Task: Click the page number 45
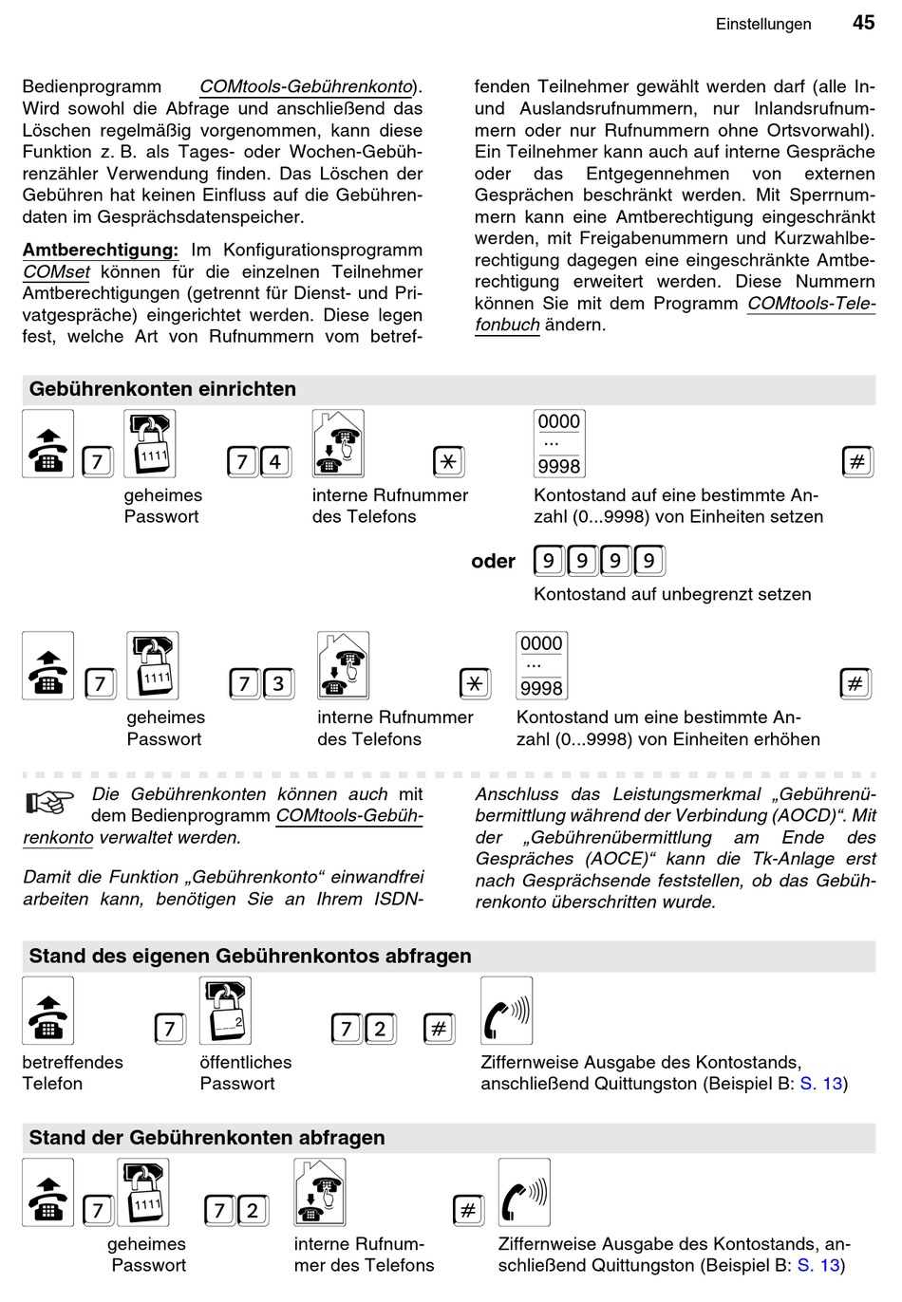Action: (x=863, y=23)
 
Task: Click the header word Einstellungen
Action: (x=763, y=25)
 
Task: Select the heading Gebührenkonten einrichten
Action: (x=162, y=389)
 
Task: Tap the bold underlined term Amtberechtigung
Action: (x=101, y=251)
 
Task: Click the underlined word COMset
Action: (x=57, y=272)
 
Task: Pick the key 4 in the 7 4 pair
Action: (x=275, y=462)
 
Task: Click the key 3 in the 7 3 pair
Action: (x=277, y=684)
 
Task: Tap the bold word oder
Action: (x=493, y=562)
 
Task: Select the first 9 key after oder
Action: (x=549, y=561)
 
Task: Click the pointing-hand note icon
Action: (x=49, y=804)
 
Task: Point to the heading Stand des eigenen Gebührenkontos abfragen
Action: (x=250, y=957)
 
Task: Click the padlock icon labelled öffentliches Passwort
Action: (x=225, y=1012)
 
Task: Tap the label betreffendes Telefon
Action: (x=72, y=1073)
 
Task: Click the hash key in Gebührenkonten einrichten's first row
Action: (x=857, y=462)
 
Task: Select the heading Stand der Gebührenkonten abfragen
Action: (x=207, y=1138)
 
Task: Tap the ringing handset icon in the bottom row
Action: (x=524, y=1193)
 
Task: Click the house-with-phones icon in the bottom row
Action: (x=319, y=1193)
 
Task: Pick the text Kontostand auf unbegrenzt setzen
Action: (x=672, y=595)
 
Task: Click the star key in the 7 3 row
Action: (x=475, y=684)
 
